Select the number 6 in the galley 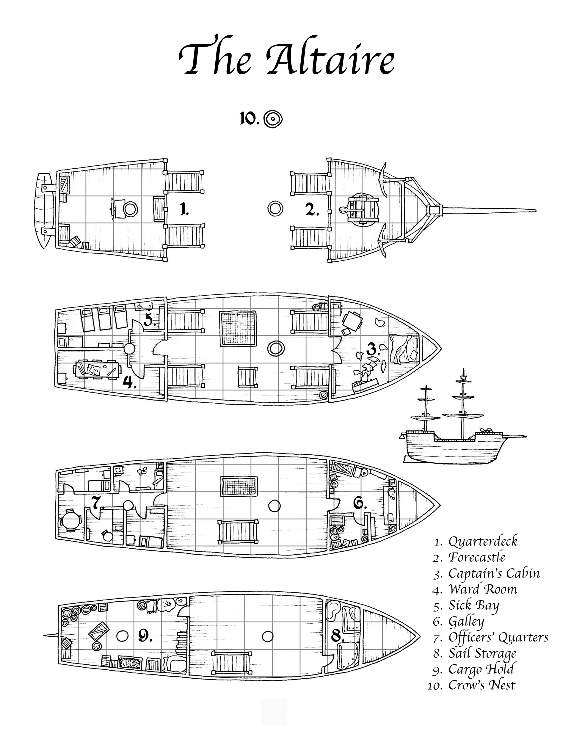359,503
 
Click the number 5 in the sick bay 149,320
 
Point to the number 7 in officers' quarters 96,503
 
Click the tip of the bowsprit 535,211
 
